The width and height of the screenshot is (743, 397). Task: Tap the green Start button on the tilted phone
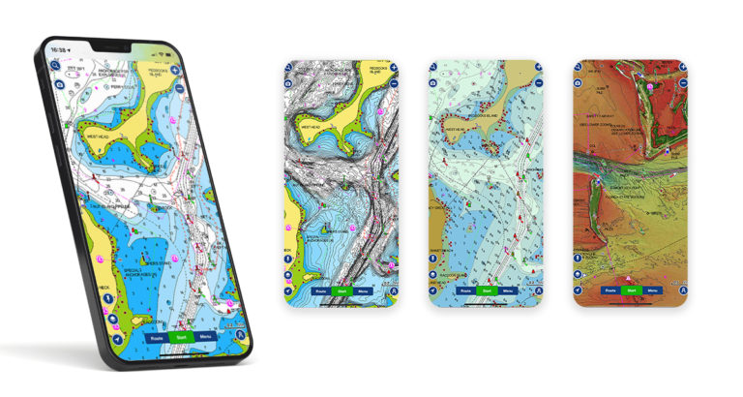click(179, 338)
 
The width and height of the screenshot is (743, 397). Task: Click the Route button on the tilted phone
click(157, 338)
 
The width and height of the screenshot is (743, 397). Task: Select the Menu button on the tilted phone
click(204, 336)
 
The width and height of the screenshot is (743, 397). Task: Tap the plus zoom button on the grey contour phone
click(393, 70)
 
